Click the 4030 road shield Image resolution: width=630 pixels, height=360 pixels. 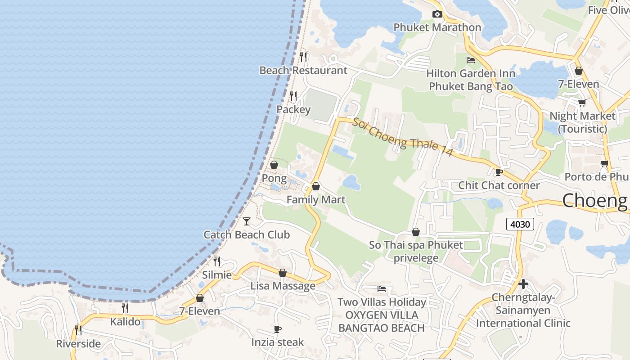click(520, 224)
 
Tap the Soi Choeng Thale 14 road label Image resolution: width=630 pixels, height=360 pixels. click(402, 137)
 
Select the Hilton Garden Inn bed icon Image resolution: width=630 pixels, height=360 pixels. click(471, 60)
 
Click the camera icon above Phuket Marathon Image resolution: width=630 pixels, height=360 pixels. click(437, 14)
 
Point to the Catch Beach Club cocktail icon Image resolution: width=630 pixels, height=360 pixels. click(247, 221)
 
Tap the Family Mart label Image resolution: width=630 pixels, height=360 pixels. click(316, 200)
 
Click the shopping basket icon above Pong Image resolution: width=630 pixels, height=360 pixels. click(274, 165)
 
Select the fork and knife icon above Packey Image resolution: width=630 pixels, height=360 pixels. click(293, 96)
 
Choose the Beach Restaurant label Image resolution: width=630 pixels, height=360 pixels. click(303, 71)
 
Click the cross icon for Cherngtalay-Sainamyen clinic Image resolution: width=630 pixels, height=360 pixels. click(523, 284)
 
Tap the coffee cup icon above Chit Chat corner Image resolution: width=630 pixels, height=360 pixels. click(499, 172)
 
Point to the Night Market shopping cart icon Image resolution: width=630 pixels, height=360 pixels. click(582, 103)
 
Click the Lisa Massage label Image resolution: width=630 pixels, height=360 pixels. click(283, 286)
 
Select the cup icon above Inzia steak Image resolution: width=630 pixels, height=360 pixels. click(278, 329)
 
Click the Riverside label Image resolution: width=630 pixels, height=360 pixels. click(78, 344)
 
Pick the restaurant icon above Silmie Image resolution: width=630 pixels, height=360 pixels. click(217, 261)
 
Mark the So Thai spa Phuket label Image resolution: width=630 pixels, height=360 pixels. click(416, 245)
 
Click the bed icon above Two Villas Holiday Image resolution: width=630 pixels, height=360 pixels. click(382, 289)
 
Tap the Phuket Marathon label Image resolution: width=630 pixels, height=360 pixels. click(437, 27)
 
